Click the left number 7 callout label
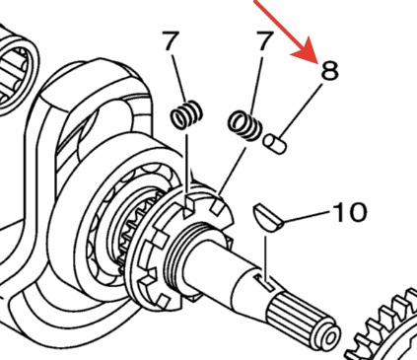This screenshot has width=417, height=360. [x=172, y=40]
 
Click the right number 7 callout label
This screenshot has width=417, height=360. [x=265, y=40]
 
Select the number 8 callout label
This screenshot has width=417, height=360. [x=329, y=70]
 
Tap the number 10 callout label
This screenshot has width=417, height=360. [x=350, y=212]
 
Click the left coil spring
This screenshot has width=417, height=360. [x=186, y=114]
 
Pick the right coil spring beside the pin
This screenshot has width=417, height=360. [x=244, y=125]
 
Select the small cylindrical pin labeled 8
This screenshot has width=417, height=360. [x=275, y=144]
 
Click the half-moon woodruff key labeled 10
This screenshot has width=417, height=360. [x=268, y=219]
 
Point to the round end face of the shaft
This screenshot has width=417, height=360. [x=328, y=336]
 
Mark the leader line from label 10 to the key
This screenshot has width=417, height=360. [x=306, y=217]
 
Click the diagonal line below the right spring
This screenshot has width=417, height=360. [x=232, y=173]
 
